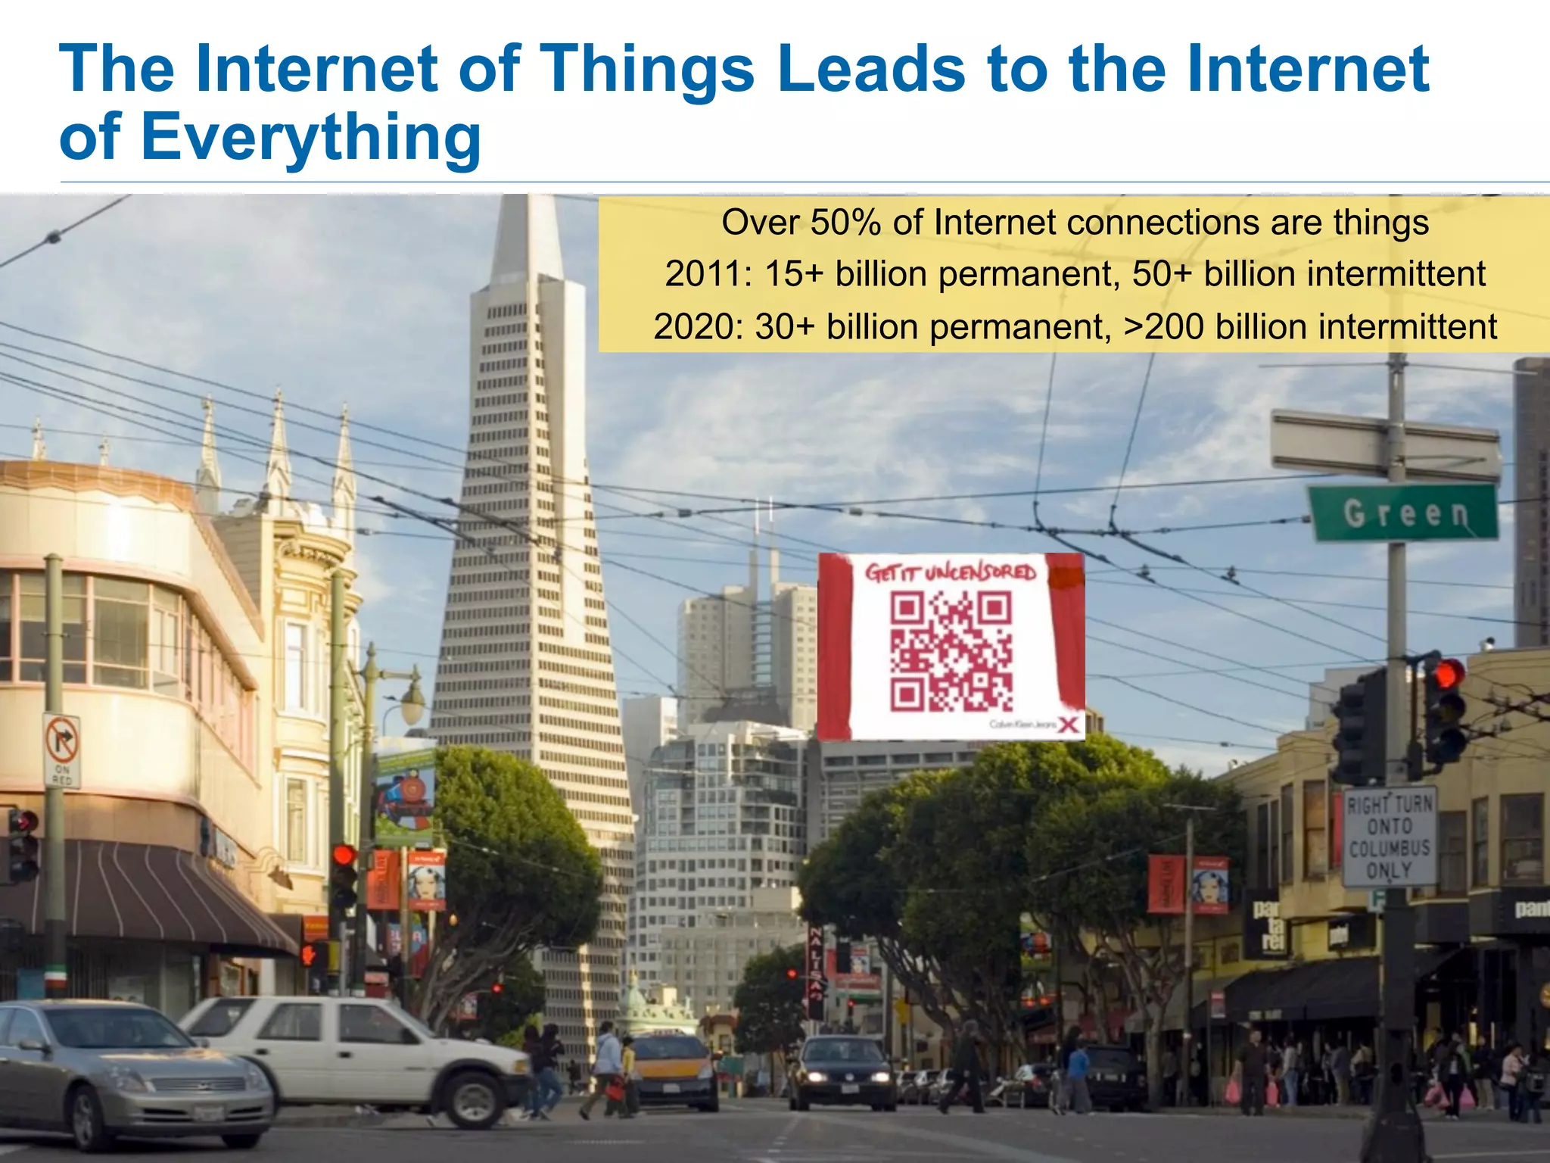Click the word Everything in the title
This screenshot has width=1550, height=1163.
coord(310,138)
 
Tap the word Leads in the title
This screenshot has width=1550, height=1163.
coord(870,70)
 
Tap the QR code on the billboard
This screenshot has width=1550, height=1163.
coord(951,652)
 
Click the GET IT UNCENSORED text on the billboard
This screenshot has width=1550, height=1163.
coord(951,572)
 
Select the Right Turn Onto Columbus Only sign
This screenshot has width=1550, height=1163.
coord(1390,837)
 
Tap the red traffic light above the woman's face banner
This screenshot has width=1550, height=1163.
coord(344,856)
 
